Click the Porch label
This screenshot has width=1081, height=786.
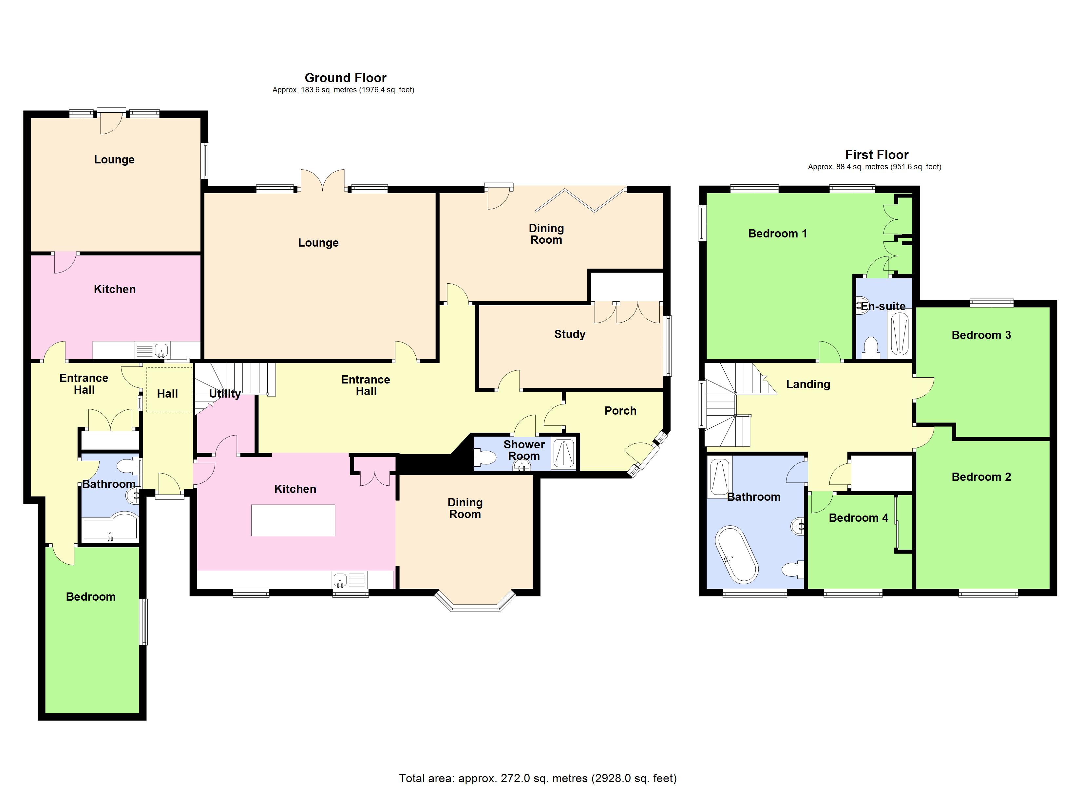pos(620,411)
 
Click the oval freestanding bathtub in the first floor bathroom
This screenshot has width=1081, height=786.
pos(736,554)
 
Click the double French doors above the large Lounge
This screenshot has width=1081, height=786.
pos(323,180)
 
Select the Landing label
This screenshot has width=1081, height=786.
pos(807,384)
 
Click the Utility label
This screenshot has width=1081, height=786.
pos(224,394)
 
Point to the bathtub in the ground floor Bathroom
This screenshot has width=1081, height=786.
pos(110,528)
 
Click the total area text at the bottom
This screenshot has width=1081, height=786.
pos(537,778)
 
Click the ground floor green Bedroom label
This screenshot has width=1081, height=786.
pos(90,597)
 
